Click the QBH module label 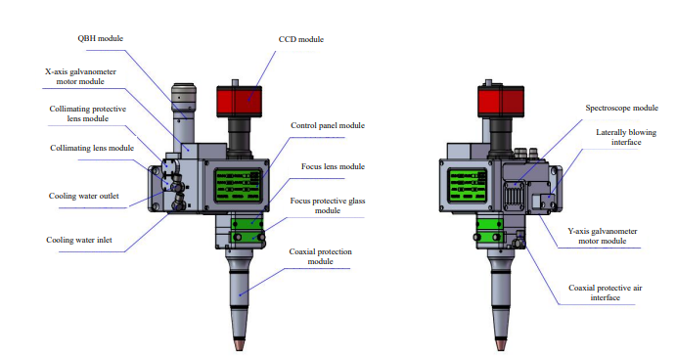pos(101,38)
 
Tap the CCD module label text pos(301,39)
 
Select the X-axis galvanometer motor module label pos(80,76)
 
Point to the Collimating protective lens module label pos(87,113)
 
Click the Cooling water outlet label pos(83,196)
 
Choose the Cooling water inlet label pos(79,240)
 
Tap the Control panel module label pos(328,125)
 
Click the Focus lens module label pos(333,166)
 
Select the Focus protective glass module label pos(328,205)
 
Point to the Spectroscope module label pos(621,108)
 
